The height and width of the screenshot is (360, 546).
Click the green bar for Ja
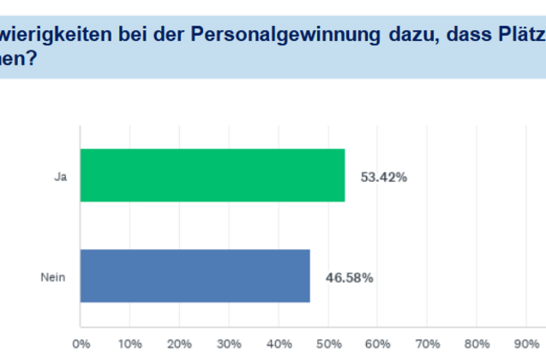point(213,175)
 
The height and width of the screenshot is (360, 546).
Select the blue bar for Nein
point(195,275)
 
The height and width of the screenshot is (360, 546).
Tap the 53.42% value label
point(383,177)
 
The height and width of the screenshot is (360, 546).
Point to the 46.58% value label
point(349,277)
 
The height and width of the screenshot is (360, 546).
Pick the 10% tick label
point(129,345)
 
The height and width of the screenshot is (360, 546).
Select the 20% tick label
point(179,345)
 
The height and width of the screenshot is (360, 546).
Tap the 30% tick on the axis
point(229,345)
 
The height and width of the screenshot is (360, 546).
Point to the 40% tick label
point(279,345)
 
